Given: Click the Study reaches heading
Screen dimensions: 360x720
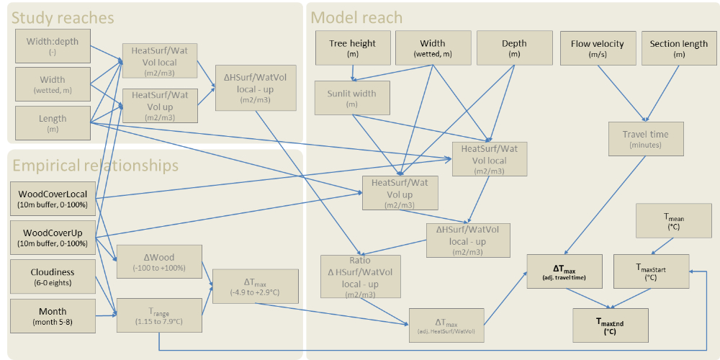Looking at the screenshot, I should (x=63, y=18).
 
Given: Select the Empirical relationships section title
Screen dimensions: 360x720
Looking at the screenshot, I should (x=95, y=166).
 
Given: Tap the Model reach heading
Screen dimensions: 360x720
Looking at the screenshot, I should (x=356, y=18).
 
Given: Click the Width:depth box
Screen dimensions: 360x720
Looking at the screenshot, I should (x=53, y=46).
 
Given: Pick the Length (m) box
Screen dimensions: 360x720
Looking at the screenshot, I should (x=53, y=123).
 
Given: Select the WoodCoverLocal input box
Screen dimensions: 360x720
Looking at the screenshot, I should (x=53, y=199).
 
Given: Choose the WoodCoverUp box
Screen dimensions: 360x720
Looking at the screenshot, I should (x=53, y=238).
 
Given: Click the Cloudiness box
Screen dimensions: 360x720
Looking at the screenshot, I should (x=53, y=277).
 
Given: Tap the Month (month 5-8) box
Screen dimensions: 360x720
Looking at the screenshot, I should (x=53, y=316).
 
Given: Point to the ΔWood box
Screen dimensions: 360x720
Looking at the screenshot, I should (x=159, y=261).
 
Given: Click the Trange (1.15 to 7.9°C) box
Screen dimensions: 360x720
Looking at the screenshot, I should (x=159, y=315).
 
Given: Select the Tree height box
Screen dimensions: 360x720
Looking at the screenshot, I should (x=352, y=48).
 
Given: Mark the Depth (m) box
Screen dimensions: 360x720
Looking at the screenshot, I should (x=514, y=48).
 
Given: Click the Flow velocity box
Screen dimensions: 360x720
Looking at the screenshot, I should (x=598, y=48).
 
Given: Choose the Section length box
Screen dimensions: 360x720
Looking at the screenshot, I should (x=679, y=48).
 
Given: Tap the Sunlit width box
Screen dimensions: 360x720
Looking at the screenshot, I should (x=352, y=98).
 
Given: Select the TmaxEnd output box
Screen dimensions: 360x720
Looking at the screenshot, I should (x=610, y=326).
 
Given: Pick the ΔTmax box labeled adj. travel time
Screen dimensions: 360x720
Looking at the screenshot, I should (x=564, y=271).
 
